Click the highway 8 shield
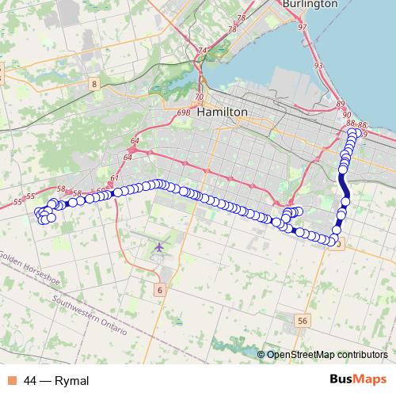[93, 83]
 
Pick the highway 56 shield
[302, 321]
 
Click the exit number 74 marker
[202, 51]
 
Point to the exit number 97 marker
[302, 27]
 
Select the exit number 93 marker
[318, 65]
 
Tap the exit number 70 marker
[198, 97]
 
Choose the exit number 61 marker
[115, 177]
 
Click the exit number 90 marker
[346, 115]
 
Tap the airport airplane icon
[159, 248]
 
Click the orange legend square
[11, 380]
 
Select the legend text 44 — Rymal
[56, 380]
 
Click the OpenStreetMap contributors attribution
[327, 355]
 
